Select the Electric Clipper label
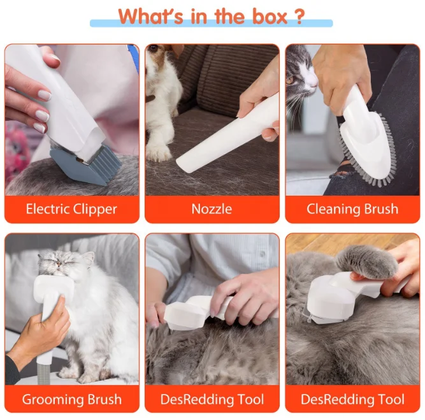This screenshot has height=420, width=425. coord(71,209)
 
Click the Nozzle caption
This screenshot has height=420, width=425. coord(212,209)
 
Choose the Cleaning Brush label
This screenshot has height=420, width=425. coord(352,209)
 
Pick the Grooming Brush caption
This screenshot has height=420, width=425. coord(71,400)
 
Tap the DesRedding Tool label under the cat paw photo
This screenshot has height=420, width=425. coord(352,400)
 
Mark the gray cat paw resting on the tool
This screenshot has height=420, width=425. coord(363,261)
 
